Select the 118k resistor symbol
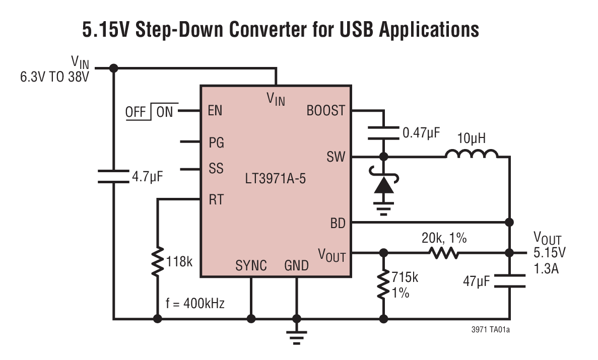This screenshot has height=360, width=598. pyautogui.click(x=158, y=261)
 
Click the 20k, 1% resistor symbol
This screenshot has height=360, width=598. pyautogui.click(x=444, y=252)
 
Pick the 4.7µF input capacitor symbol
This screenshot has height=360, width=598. pyautogui.click(x=114, y=176)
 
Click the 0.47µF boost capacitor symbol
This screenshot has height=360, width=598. pyautogui.click(x=384, y=133)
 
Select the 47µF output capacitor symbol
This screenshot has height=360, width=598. pyautogui.click(x=509, y=281)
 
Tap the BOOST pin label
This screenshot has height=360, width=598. pyautogui.click(x=326, y=111)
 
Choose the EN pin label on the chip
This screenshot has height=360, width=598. pyautogui.click(x=215, y=111)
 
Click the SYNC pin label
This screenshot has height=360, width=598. pyautogui.click(x=251, y=265)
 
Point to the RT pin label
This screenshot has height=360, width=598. pyautogui.click(x=216, y=199)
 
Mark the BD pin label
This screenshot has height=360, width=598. pyautogui.click(x=338, y=223)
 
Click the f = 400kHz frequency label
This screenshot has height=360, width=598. pyautogui.click(x=195, y=304)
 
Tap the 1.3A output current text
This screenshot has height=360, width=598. pyautogui.click(x=546, y=270)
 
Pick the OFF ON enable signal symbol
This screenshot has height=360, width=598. pyautogui.click(x=149, y=112)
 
